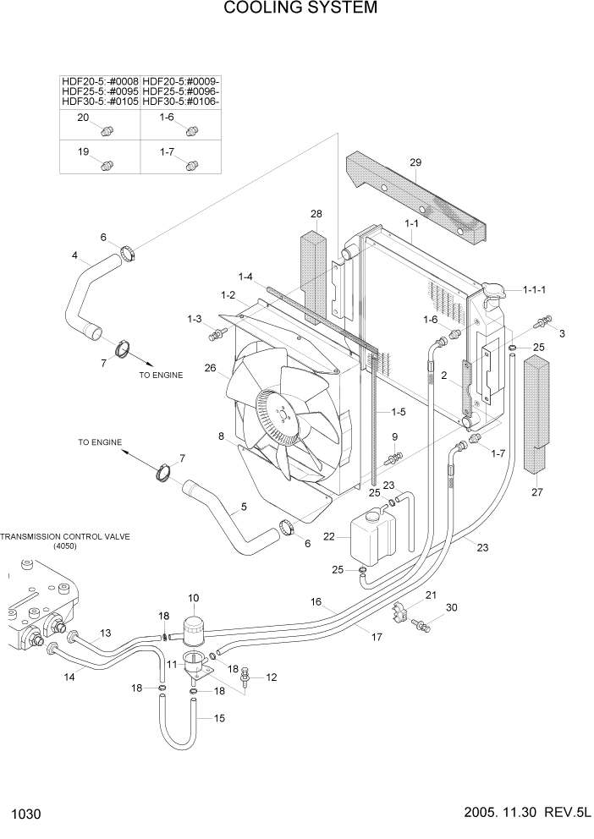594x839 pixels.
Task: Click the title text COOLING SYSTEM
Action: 288,9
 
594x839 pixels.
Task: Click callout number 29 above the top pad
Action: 415,162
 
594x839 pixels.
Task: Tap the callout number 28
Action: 316,214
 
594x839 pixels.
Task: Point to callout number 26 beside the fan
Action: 210,367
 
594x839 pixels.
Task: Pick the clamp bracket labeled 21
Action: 398,611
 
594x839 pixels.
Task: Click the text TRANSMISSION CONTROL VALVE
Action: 65,536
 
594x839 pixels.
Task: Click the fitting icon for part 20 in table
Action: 107,131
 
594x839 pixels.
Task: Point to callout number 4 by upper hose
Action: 75,255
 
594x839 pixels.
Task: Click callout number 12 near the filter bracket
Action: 272,677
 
